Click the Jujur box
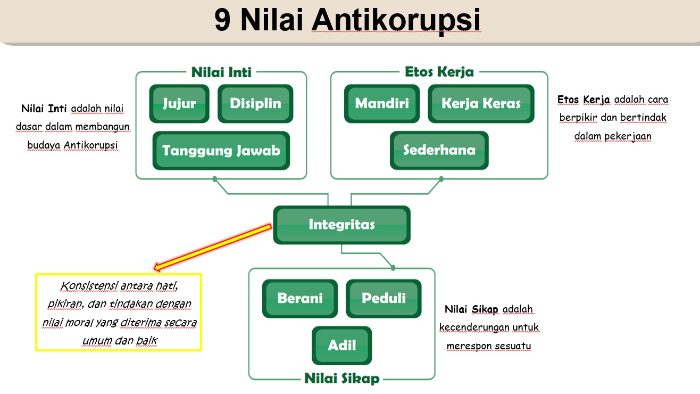coord(179,103)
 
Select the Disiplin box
coord(255,103)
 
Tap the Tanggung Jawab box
coord(221,150)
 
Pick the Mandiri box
coord(382,103)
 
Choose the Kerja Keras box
coord(481,103)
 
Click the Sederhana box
coord(439,150)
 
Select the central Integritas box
coord(342,225)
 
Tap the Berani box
coord(300,299)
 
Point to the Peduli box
coord(384,299)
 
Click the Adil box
coord(342,346)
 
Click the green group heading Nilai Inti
coord(221,72)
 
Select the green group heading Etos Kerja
coord(439,72)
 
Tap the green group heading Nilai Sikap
coord(342,379)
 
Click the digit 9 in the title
coord(222,20)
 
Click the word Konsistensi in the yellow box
coord(89,286)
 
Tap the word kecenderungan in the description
coord(474,327)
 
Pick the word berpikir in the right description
coord(578,118)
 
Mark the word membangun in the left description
coord(102,127)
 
